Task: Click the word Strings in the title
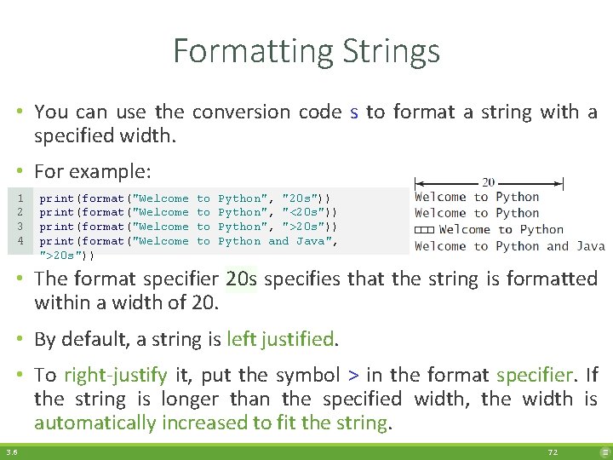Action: pos(392,52)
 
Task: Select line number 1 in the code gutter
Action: pos(19,198)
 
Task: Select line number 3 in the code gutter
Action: pos(19,227)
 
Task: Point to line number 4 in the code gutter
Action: pos(19,241)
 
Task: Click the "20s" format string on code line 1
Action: pos(300,198)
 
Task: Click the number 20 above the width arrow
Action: pos(489,182)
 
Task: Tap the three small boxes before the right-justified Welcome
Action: pos(424,230)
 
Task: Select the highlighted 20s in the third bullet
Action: pos(242,279)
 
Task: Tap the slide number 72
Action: pos(553,452)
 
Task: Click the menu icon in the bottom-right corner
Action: pos(604,452)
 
